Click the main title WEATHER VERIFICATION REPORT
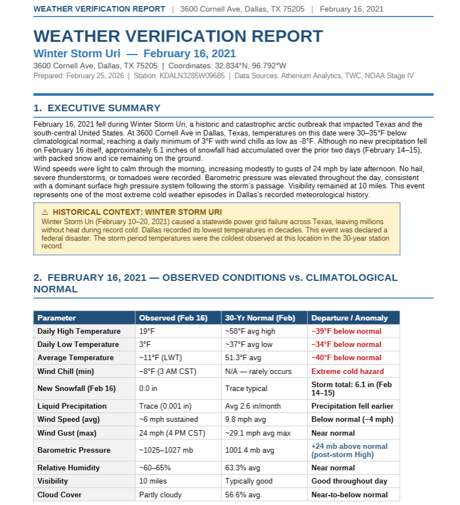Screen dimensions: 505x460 pyautogui.click(x=178, y=36)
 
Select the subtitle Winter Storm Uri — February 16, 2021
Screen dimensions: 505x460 pyautogui.click(x=134, y=53)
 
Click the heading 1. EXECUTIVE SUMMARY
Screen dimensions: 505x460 pyautogui.click(x=97, y=108)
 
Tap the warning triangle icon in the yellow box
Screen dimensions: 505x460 pyautogui.click(x=45, y=212)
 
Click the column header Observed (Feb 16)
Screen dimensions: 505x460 pyautogui.click(x=173, y=318)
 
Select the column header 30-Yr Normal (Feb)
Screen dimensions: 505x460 pyautogui.click(x=260, y=318)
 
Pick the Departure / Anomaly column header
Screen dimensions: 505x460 pyautogui.click(x=349, y=318)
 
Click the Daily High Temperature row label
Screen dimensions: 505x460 pyautogui.click(x=79, y=331)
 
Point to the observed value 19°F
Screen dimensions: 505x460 pyautogui.click(x=147, y=331)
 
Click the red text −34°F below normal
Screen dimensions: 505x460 pyautogui.click(x=346, y=344)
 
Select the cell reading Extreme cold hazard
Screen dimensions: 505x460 pyautogui.click(x=348, y=371)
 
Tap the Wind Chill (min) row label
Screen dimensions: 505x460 pyautogui.click(x=66, y=371)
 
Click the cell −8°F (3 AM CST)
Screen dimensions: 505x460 pyautogui.click(x=167, y=371)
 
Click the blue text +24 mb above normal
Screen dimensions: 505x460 pyautogui.click(x=349, y=446)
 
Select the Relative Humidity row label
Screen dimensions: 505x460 pyautogui.click(x=68, y=468)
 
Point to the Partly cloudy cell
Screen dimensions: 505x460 pyautogui.click(x=160, y=495)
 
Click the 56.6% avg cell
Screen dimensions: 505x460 pyautogui.click(x=242, y=495)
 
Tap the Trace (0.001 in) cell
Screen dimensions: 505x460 pyautogui.click(x=165, y=406)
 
